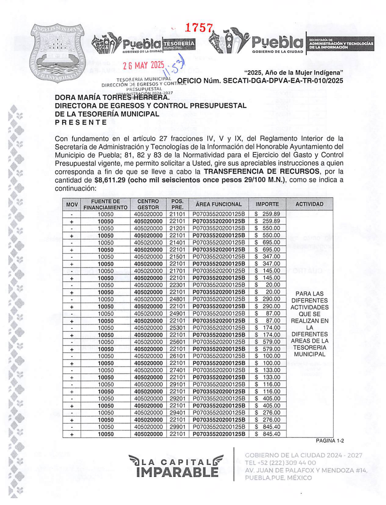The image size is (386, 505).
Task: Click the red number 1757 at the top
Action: click(x=199, y=28)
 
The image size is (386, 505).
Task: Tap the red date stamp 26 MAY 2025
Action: click(x=143, y=65)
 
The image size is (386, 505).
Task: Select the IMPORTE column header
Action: click(x=267, y=204)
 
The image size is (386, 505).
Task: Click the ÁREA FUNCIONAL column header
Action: click(x=218, y=204)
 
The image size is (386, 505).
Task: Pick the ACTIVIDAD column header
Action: click(x=309, y=204)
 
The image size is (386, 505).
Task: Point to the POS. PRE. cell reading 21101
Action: click(x=177, y=214)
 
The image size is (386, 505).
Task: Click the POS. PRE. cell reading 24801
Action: click(x=177, y=299)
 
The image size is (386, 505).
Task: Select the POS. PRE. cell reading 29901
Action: click(x=177, y=427)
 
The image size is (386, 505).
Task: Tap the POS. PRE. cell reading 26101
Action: click(x=177, y=356)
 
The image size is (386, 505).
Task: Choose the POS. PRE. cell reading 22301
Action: click(x=177, y=285)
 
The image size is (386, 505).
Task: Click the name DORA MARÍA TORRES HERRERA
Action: click(x=112, y=98)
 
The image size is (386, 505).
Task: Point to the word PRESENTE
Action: click(x=81, y=122)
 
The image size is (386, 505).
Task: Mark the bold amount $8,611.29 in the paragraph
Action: click(x=110, y=180)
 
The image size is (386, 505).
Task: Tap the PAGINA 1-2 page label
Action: click(x=330, y=441)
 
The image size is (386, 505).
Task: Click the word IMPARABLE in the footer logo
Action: click(x=177, y=472)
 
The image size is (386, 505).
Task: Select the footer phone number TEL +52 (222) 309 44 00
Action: click(x=281, y=463)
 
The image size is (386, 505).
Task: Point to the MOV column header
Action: click(x=72, y=204)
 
